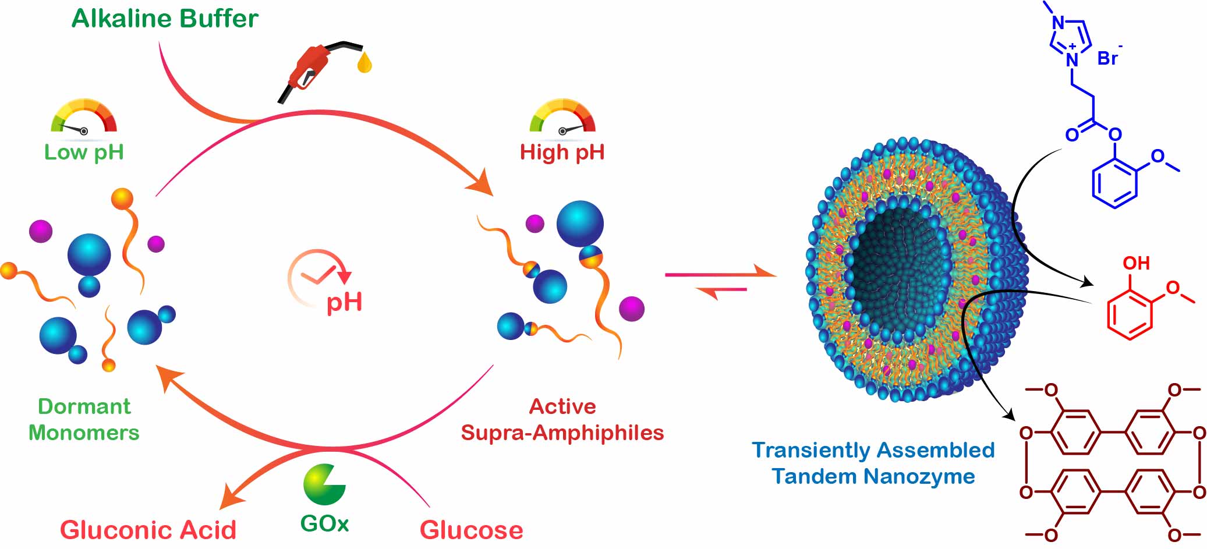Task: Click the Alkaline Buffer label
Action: (x=165, y=19)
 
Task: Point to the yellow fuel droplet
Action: (x=364, y=62)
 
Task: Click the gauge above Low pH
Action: (x=84, y=117)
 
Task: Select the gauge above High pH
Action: (x=562, y=117)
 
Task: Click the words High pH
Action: (x=562, y=153)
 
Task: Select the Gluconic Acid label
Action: (x=148, y=530)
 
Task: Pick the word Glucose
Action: (x=471, y=530)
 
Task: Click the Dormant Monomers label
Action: (x=84, y=419)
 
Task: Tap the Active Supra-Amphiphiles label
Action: (x=562, y=419)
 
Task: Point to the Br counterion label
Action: (x=1108, y=58)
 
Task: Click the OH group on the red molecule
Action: (x=1136, y=263)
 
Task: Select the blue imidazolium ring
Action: (x=1070, y=40)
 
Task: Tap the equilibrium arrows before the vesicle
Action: (x=721, y=281)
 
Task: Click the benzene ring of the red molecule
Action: (x=1130, y=314)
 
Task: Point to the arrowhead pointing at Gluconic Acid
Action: (x=231, y=499)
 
